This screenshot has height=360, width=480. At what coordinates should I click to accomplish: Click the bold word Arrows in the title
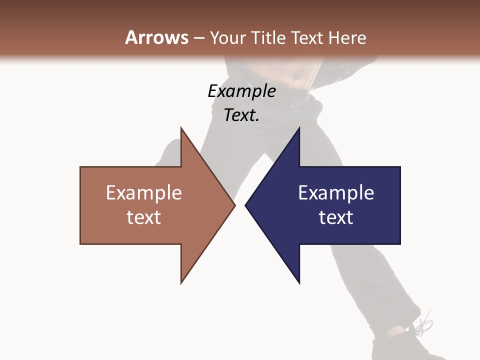(x=157, y=37)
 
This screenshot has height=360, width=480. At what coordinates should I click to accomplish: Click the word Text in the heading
(x=308, y=37)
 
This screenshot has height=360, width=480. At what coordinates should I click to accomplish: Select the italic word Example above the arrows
(x=241, y=91)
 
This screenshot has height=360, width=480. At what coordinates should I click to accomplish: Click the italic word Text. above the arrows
(x=241, y=115)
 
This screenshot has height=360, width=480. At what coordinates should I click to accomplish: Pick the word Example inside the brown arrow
(x=144, y=193)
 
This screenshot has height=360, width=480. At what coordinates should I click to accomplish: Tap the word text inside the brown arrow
(x=144, y=217)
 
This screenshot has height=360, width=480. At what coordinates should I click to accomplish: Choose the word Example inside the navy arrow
(x=336, y=193)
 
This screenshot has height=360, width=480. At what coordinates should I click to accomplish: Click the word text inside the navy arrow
(x=336, y=217)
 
